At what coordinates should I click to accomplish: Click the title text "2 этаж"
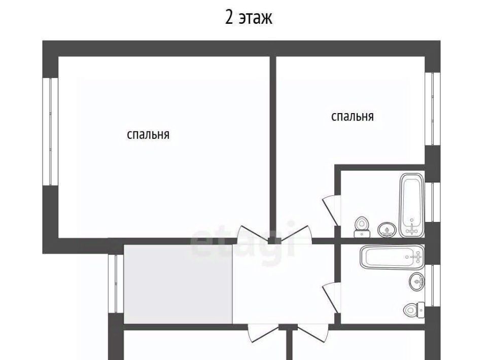click(249, 17)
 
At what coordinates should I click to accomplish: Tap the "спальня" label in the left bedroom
click(148, 135)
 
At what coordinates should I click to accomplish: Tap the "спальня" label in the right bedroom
click(352, 117)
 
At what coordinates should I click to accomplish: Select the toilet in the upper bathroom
click(362, 227)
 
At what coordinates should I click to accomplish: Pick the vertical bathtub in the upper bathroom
click(411, 205)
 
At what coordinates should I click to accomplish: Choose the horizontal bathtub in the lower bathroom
click(392, 257)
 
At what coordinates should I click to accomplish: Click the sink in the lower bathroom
click(417, 281)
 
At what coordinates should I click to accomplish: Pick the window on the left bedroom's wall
click(50, 132)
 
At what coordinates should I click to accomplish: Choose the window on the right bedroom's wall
click(433, 109)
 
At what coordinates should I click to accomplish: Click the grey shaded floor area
click(178, 284)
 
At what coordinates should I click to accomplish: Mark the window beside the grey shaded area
click(116, 283)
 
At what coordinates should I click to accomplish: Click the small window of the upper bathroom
click(433, 202)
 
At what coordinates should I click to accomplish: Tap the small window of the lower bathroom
click(433, 285)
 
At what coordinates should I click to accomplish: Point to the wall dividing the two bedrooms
click(273, 147)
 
